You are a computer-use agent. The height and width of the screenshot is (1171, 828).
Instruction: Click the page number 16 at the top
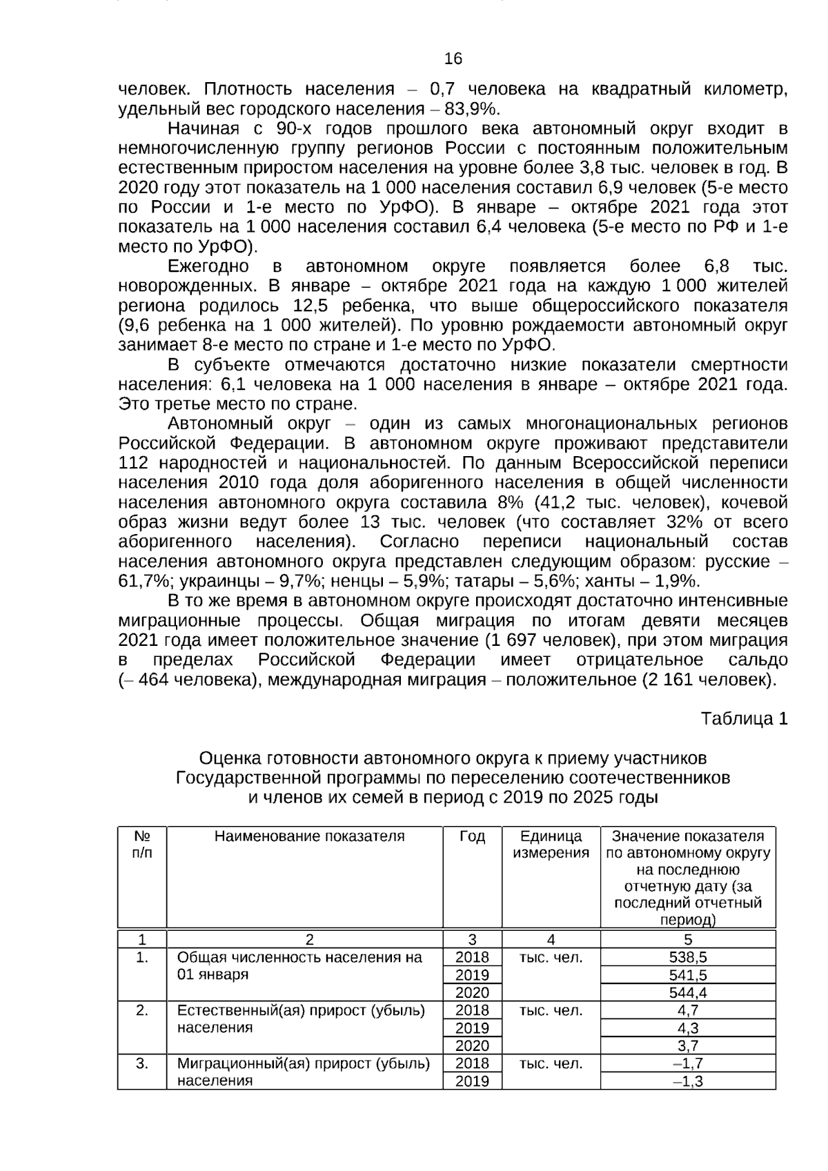pyautogui.click(x=453, y=59)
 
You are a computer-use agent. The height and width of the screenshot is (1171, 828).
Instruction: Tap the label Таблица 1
pyautogui.click(x=744, y=718)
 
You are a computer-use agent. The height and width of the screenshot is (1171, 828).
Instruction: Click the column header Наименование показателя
pyautogui.click(x=309, y=836)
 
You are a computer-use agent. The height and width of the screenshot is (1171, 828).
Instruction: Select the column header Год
pyautogui.click(x=472, y=836)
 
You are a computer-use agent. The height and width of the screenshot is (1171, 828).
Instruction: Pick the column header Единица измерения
pyautogui.click(x=551, y=845)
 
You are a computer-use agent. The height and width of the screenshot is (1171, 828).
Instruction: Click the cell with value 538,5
pyautogui.click(x=687, y=957)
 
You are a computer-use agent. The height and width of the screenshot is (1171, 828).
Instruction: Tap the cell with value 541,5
pyautogui.click(x=687, y=975)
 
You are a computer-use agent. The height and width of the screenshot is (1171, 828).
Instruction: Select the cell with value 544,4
pyautogui.click(x=687, y=992)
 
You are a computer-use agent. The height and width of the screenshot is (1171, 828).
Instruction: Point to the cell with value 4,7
pyautogui.click(x=687, y=1010)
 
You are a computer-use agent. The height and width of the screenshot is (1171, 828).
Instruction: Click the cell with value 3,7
pyautogui.click(x=687, y=1045)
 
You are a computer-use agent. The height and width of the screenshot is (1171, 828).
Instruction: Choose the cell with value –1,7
pyautogui.click(x=687, y=1063)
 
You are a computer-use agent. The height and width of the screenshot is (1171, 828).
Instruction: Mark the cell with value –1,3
pyautogui.click(x=687, y=1081)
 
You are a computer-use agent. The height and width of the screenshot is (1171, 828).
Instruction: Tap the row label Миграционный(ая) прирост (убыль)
pyautogui.click(x=304, y=1063)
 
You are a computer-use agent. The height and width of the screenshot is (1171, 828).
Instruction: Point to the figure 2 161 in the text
pyautogui.click(x=666, y=680)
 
